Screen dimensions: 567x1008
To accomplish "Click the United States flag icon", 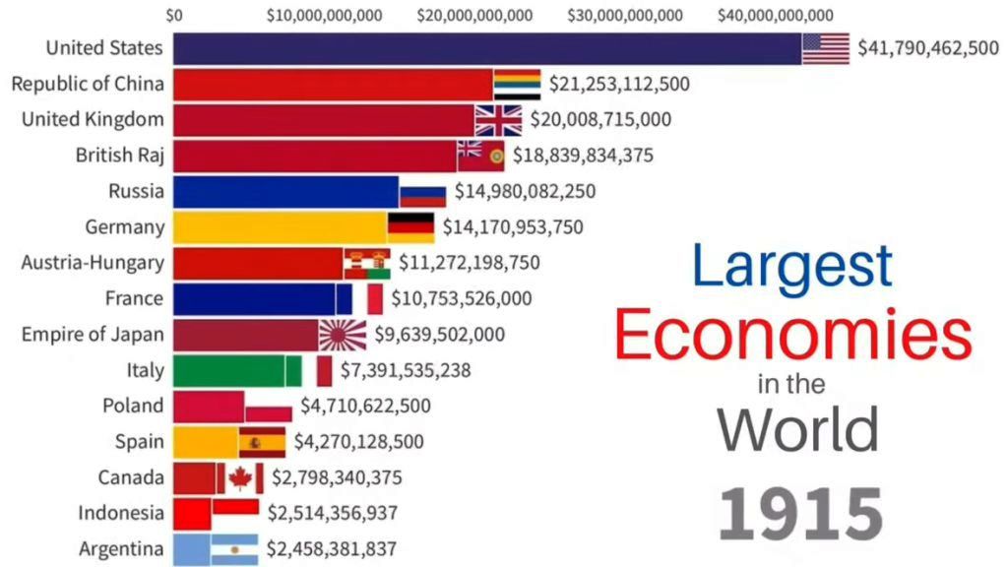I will (x=825, y=48).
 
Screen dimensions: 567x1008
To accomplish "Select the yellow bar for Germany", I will (x=280, y=227).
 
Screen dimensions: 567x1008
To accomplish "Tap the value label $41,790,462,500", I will (x=927, y=47).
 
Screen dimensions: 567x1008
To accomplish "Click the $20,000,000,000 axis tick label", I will (x=474, y=15).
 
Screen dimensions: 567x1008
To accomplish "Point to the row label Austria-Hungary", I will (x=94, y=263).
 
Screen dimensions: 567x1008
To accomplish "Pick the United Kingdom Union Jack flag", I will (x=498, y=120).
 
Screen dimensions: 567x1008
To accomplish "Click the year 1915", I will (x=799, y=513).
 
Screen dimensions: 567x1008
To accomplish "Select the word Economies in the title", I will (x=793, y=336).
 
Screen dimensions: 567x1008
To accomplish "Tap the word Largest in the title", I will (x=792, y=267).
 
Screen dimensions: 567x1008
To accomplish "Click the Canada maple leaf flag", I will (x=239, y=478).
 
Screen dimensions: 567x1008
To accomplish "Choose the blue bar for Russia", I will (x=285, y=191).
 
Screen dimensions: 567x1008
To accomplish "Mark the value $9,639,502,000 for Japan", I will (x=438, y=335).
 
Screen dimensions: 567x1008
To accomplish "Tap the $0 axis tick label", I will (x=174, y=15).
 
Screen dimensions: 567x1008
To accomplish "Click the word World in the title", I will (x=797, y=429).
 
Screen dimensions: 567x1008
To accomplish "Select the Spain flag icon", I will (x=262, y=442).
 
